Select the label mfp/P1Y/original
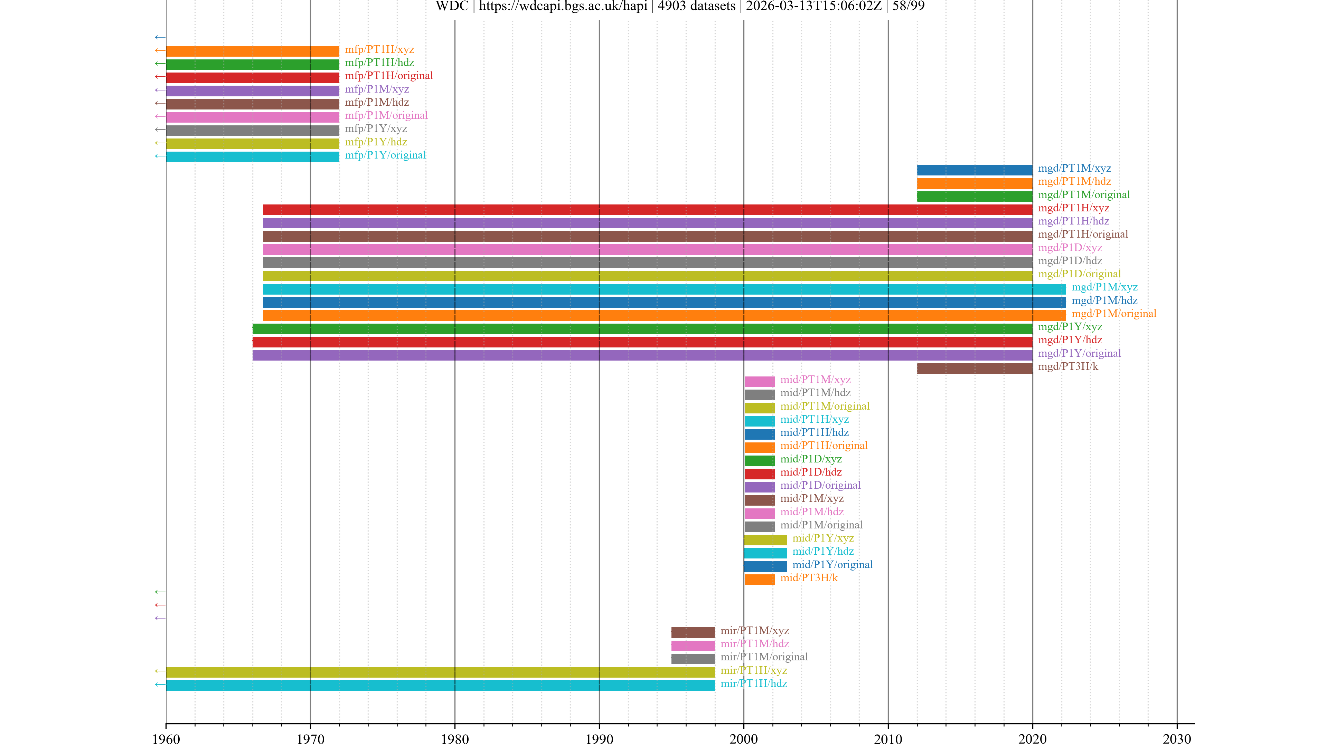pos(385,155)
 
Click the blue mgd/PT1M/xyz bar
pos(974,170)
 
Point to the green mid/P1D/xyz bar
pos(759,461)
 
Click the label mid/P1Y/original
pos(832,565)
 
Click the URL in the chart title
pos(563,6)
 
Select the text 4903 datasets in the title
pos(696,6)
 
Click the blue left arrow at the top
pos(160,37)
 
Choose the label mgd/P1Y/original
pos(1079,354)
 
